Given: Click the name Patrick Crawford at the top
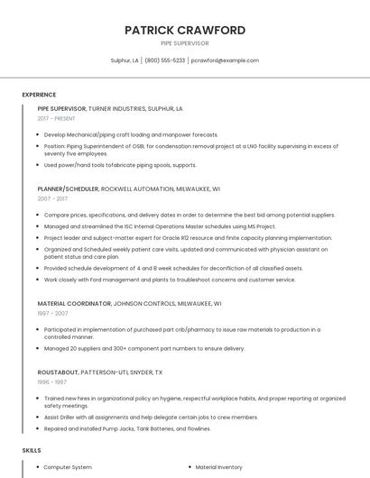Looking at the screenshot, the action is (x=185, y=30).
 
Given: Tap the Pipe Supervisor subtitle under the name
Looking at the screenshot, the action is (x=185, y=42).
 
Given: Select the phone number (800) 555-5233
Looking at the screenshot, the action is (x=164, y=60).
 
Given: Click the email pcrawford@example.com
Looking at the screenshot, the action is (x=226, y=60).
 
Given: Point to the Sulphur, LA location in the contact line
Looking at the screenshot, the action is (x=125, y=60).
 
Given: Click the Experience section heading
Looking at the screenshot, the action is (x=39, y=95).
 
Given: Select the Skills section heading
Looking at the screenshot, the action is (x=32, y=449).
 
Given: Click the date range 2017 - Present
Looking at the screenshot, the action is (x=56, y=118).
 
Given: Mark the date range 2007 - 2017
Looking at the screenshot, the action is (x=52, y=199).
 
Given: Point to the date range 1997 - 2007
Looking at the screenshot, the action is (x=52, y=314).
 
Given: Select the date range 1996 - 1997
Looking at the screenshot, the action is (x=51, y=381).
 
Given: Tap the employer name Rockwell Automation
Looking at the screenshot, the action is (x=136, y=189).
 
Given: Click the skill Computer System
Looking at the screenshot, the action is (x=68, y=467).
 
